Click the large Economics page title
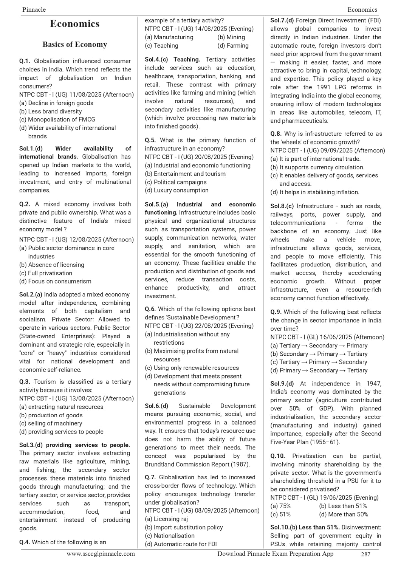pyautogui.click(x=75, y=24)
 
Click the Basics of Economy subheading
pyautogui.click(x=75, y=45)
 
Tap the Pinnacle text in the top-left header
pyautogui.click(x=34, y=9)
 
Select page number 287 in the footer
pyautogui.click(x=365, y=554)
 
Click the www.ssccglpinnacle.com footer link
pyautogui.click(x=101, y=554)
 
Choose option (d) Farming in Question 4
pyautogui.click(x=233, y=46)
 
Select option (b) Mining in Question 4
pyautogui.click(x=231, y=37)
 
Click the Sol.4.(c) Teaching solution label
pyautogui.click(x=172, y=59)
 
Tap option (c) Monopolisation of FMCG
pyautogui.click(x=57, y=119)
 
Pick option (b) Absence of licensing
pyautogui.click(x=52, y=265)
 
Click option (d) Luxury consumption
pyautogui.click(x=177, y=191)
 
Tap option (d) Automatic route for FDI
pyautogui.click(x=181, y=544)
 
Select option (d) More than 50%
pyautogui.click(x=344, y=514)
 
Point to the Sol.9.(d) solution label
pyautogui.click(x=282, y=383)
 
